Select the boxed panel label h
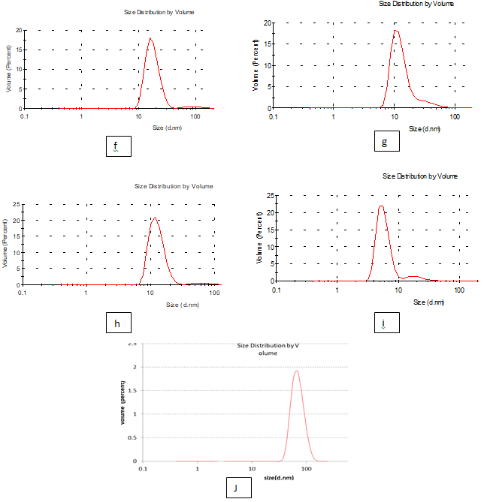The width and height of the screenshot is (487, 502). coord(118,323)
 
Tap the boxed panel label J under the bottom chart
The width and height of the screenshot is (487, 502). coord(237,488)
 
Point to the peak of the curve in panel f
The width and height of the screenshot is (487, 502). coord(150,39)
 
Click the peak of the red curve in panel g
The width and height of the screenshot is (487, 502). coord(396,31)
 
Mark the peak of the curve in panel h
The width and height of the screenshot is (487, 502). coord(154,218)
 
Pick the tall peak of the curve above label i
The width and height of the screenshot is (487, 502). coord(381,206)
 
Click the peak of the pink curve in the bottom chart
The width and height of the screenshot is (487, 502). coord(297,370)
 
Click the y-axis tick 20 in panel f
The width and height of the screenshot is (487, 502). coord(19,30)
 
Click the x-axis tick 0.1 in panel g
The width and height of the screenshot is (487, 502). coord(274,118)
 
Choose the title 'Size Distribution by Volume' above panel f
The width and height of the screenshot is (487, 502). coord(161,13)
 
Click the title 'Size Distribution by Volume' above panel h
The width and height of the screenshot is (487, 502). coord(174,186)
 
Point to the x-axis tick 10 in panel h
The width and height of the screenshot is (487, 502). coord(150,293)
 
